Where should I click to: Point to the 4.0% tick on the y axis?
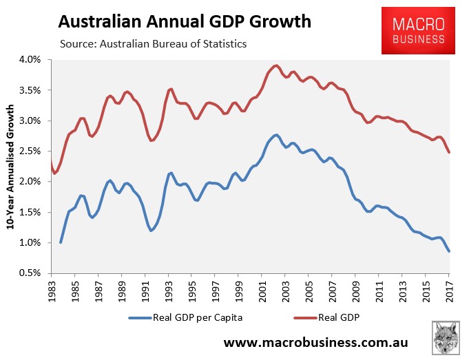pyautogui.click(x=34, y=60)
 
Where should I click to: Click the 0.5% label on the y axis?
pyautogui.click(x=34, y=273)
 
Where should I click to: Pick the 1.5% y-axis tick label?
pyautogui.click(x=34, y=212)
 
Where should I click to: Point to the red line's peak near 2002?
pyautogui.click(x=276, y=65)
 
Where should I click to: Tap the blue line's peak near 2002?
pyautogui.click(x=275, y=135)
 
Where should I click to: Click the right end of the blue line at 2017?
pyautogui.click(x=449, y=251)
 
